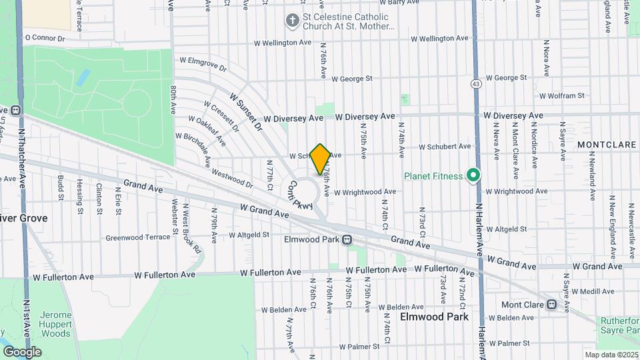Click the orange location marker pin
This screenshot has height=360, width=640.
(x=321, y=159)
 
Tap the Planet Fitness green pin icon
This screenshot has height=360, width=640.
(x=474, y=176)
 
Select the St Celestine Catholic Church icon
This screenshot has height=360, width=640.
(x=292, y=21)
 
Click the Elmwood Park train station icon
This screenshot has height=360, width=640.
(x=347, y=239)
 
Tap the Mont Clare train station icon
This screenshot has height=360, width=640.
(x=552, y=305)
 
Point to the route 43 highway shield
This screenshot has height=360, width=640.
(x=475, y=84)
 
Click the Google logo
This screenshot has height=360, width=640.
(x=22, y=352)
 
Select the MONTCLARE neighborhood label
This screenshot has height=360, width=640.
(x=607, y=144)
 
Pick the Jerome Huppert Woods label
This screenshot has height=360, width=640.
(x=46, y=324)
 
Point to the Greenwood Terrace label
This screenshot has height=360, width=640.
(x=138, y=237)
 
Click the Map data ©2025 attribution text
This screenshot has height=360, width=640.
(x=611, y=355)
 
